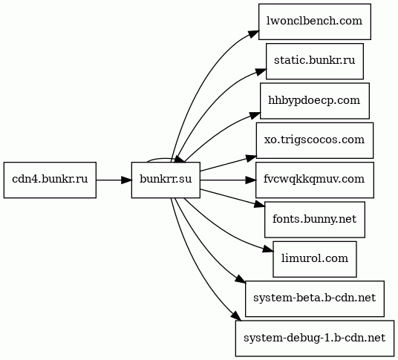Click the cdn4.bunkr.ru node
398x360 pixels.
(x=50, y=180)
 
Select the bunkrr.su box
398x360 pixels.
(x=166, y=180)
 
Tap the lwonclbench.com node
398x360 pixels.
(x=315, y=22)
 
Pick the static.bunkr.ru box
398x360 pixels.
(x=315, y=61)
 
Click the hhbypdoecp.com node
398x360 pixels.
(x=315, y=101)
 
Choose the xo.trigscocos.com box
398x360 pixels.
(x=315, y=140)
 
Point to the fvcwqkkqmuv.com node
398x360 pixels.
(x=315, y=180)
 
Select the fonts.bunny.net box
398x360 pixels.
(x=315, y=220)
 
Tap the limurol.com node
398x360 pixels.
(x=315, y=259)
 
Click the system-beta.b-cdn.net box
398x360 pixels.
(x=315, y=298)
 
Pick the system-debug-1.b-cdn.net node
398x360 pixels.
(x=315, y=338)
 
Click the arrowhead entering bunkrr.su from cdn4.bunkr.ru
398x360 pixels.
(x=126, y=180)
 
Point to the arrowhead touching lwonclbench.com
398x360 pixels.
(x=255, y=33)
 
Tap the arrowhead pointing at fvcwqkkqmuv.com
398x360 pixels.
(x=251, y=180)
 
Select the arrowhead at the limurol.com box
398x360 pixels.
(x=269, y=249)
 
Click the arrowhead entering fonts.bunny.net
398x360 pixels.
(x=260, y=204)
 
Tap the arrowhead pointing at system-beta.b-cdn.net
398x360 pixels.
(x=241, y=278)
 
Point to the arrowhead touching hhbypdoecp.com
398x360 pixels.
(x=255, y=115)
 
